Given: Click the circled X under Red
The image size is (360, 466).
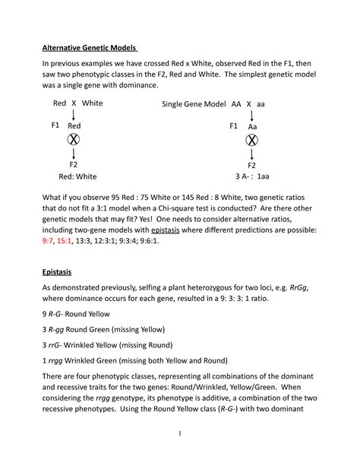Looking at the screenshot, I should click(x=74, y=140).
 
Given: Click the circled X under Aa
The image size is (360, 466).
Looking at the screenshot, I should click(x=251, y=140).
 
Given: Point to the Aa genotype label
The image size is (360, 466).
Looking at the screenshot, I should click(x=254, y=126).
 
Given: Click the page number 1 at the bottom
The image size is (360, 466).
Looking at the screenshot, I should click(x=179, y=433).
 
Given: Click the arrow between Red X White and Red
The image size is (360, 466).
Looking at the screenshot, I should click(x=74, y=115).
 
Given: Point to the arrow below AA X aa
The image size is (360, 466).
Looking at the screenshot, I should click(x=251, y=115).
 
